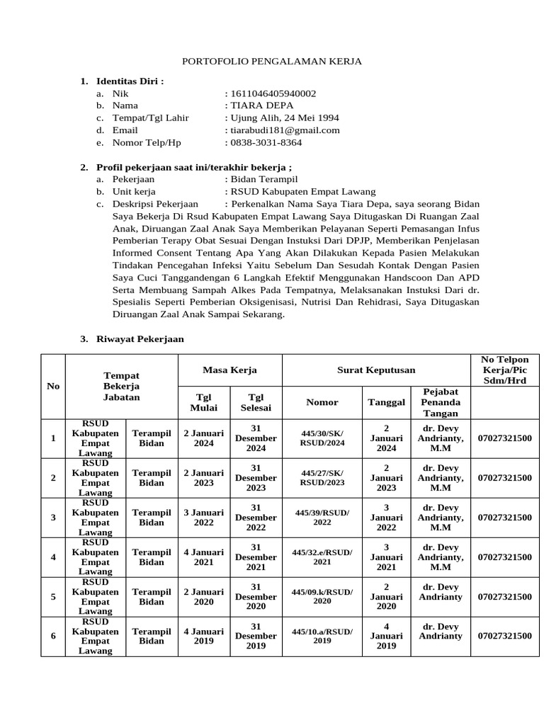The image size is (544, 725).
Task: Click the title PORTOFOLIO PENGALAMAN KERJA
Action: click(272, 62)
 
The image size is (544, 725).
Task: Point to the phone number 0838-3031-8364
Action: click(265, 142)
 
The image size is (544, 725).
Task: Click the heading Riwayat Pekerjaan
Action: click(140, 339)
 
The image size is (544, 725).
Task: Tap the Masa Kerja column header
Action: click(229, 370)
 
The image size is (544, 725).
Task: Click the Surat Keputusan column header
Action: click(376, 370)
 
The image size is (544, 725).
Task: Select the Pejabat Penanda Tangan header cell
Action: click(441, 402)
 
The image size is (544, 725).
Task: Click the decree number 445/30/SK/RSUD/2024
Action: click(322, 438)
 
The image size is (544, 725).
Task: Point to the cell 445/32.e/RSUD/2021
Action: click(322, 557)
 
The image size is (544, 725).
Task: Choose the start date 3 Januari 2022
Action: click(203, 518)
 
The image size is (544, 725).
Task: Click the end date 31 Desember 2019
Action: click(256, 636)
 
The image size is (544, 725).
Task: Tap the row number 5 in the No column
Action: click(53, 597)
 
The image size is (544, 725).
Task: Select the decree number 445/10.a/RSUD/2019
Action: click(322, 636)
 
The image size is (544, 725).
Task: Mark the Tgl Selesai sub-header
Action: click(256, 402)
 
